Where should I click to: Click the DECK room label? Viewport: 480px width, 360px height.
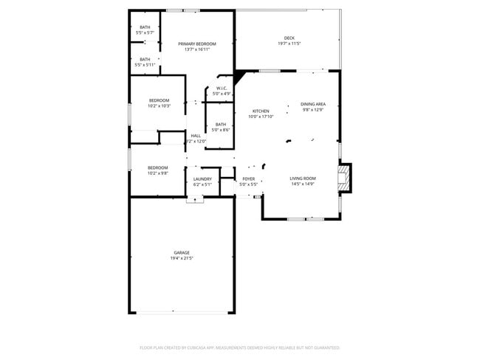[x=289, y=38]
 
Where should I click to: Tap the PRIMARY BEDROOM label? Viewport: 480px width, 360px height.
[x=197, y=44]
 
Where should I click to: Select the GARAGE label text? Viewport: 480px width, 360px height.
[x=182, y=252]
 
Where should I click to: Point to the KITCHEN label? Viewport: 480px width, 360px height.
[x=261, y=111]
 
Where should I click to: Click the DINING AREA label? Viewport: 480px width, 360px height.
[x=313, y=104]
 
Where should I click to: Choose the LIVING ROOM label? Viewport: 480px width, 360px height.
[x=303, y=179]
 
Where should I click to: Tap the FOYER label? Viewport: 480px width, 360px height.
[x=249, y=179]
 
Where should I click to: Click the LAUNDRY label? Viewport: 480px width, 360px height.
[x=202, y=179]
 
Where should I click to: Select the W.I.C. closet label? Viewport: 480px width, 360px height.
[x=222, y=89]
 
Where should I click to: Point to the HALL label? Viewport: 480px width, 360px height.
[x=196, y=136]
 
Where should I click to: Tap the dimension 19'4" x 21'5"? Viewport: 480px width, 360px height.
[x=182, y=258]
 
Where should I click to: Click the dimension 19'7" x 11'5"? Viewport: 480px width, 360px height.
[x=289, y=44]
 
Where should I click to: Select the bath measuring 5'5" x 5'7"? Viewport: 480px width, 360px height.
[x=145, y=30]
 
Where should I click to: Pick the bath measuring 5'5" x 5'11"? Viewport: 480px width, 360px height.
[x=145, y=62]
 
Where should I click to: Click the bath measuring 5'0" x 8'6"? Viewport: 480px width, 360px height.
[x=221, y=127]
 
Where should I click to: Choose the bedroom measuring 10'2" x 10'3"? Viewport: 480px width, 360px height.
[x=159, y=103]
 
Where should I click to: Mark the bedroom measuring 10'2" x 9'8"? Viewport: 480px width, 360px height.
[x=158, y=170]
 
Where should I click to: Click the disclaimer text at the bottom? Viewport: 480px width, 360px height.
[x=239, y=347]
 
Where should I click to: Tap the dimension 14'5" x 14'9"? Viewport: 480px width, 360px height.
[x=303, y=184]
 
